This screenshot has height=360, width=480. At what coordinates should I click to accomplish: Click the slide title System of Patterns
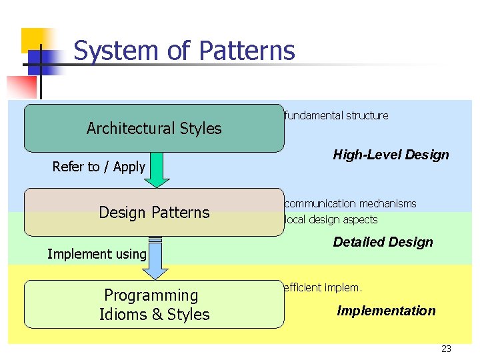[x=184, y=51]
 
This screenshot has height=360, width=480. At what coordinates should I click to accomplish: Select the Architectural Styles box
[x=154, y=128]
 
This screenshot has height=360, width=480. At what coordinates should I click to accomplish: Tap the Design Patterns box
[x=154, y=212]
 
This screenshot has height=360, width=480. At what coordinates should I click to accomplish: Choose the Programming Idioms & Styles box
[x=154, y=305]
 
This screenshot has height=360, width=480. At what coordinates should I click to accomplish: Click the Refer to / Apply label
[x=99, y=167]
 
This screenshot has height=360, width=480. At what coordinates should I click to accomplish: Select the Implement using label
[x=97, y=253]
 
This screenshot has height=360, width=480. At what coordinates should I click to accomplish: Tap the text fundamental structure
[x=336, y=115]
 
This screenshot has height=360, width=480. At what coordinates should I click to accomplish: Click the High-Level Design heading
[x=391, y=155]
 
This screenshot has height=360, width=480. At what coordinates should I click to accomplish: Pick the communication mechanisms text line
[x=350, y=203]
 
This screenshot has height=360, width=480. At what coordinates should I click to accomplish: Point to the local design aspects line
[x=331, y=219]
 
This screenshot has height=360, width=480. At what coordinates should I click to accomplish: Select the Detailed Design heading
[x=383, y=242]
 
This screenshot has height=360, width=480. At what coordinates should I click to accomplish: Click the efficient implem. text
[x=323, y=288]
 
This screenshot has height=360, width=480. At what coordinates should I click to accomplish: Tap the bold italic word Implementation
[x=386, y=311]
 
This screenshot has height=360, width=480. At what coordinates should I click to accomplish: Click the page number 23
[x=446, y=349]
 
